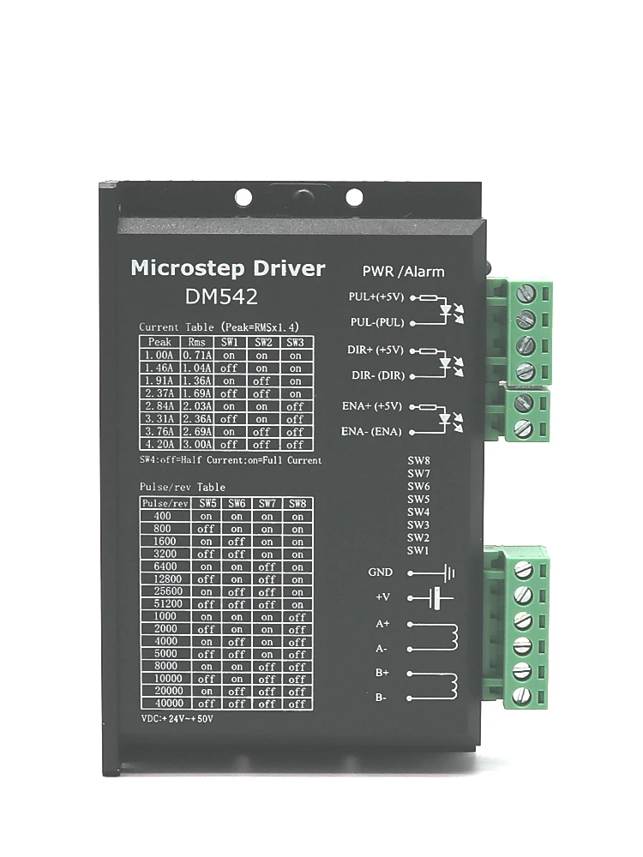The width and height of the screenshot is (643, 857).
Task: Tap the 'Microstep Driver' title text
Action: (x=227, y=268)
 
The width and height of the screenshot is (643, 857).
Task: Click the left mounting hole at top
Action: (x=243, y=197)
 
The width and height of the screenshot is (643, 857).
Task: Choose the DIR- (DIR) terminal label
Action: (x=377, y=375)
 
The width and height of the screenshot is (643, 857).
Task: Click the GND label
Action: (x=380, y=572)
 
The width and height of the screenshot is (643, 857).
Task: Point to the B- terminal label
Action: (x=382, y=698)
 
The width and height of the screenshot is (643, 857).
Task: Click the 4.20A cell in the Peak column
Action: (x=160, y=444)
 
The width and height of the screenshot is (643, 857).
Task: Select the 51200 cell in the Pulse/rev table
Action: (x=165, y=602)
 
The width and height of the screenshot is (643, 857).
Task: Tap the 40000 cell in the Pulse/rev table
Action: (x=165, y=703)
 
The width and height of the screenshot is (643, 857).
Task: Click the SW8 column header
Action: (x=297, y=503)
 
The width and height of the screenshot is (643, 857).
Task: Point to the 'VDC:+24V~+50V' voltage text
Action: (x=177, y=718)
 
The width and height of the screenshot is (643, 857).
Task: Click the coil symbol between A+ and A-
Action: (x=449, y=637)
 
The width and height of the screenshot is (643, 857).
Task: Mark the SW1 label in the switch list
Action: (x=418, y=550)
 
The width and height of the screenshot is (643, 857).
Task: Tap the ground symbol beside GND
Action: (x=445, y=572)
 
